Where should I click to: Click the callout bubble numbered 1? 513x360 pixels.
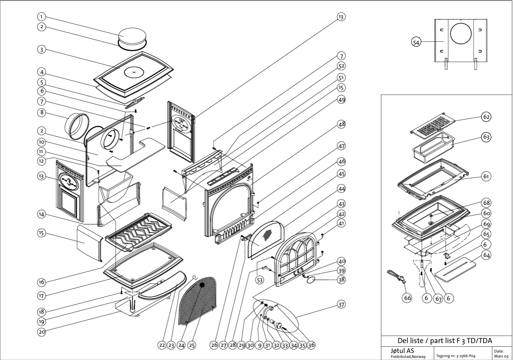41,17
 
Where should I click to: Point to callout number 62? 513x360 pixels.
487,117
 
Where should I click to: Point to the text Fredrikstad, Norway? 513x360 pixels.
408,356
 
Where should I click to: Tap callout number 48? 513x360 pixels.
341,124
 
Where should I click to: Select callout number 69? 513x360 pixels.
487,223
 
